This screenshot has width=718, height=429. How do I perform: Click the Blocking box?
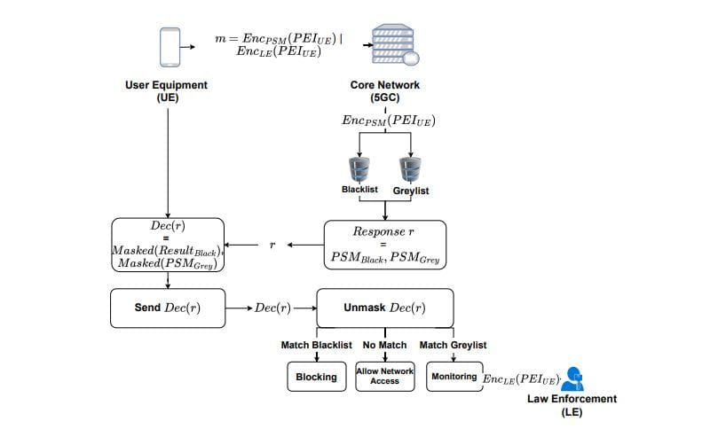(316, 377)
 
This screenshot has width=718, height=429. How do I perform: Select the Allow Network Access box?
(384, 376)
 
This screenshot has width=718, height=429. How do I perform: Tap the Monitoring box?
(454, 377)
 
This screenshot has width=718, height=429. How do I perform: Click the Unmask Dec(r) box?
(384, 308)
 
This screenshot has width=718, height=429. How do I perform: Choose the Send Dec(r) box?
(167, 308)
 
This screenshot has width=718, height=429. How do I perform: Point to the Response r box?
(384, 245)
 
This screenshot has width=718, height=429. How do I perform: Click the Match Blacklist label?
(316, 345)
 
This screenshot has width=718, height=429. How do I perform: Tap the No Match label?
(384, 345)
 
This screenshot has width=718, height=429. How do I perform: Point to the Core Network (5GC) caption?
(384, 91)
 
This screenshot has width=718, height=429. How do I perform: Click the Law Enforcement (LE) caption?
(572, 405)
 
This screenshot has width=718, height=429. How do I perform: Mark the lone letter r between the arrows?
(272, 245)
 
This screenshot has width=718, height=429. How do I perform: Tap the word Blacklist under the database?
(360, 190)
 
